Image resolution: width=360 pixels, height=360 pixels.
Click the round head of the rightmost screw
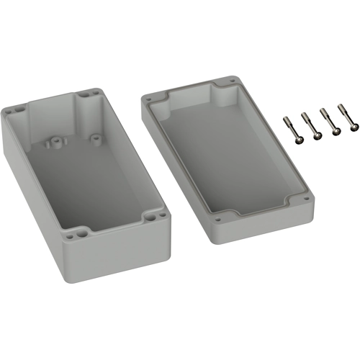tap(353, 129)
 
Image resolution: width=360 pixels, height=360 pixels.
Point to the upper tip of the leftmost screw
tap(286, 117)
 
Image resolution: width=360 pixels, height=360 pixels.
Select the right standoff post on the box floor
tap(95, 135)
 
